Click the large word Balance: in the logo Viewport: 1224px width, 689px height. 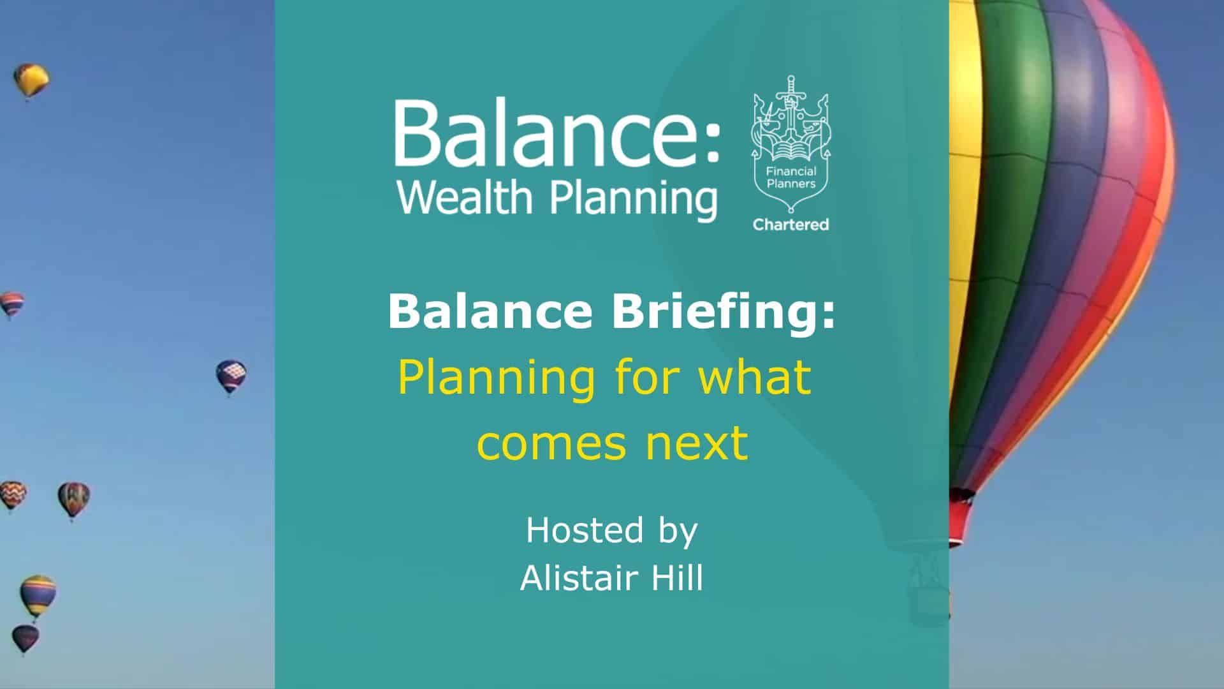557,133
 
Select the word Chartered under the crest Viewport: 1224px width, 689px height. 790,225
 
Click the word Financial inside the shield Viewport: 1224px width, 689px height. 790,172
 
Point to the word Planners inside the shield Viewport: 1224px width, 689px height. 790,184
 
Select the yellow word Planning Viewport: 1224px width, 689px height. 496,379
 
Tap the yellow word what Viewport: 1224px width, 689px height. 755,376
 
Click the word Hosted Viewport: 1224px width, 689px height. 585,530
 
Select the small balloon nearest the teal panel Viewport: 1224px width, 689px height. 230,377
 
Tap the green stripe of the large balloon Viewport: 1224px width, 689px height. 1007,191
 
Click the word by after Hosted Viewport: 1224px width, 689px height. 676,533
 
